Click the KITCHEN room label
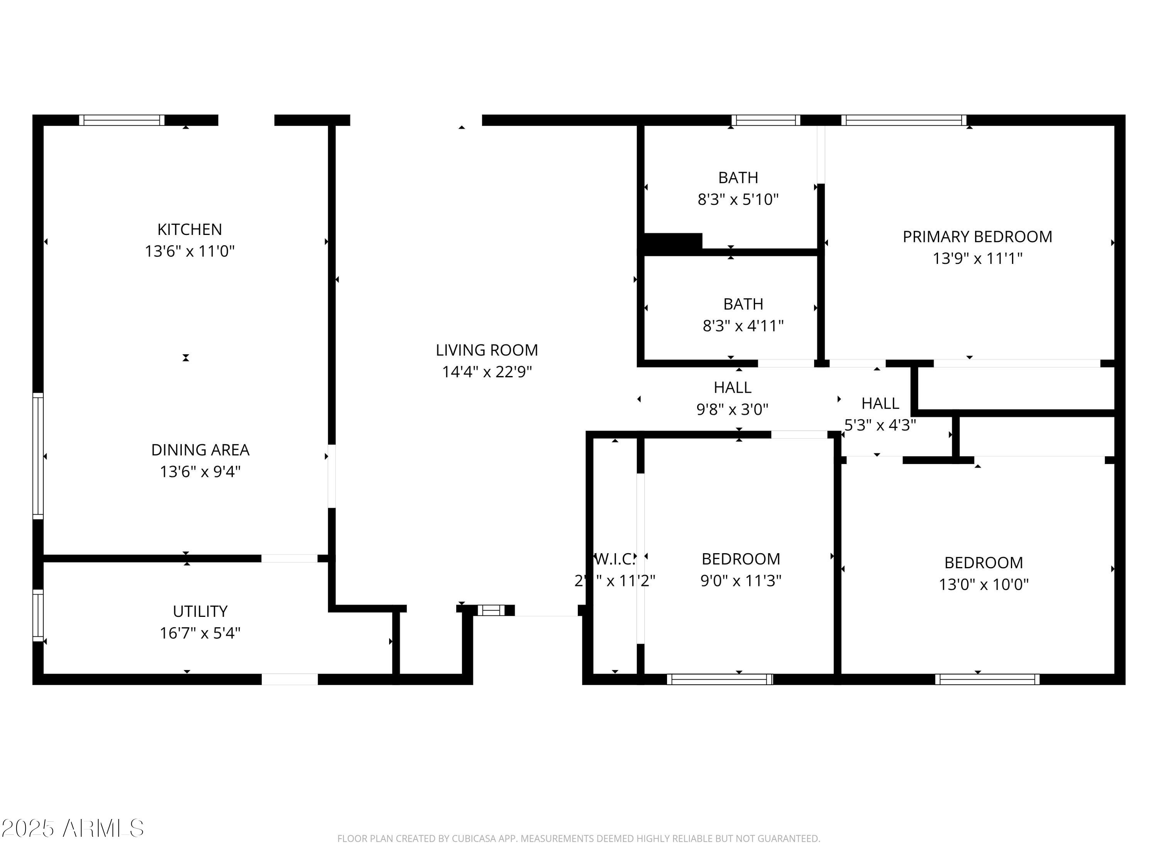coord(190,229)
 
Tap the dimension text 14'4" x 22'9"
coord(487,372)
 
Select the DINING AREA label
coord(200,450)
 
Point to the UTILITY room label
coord(200,611)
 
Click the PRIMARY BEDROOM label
coord(977,236)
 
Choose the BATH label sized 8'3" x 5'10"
coord(738,178)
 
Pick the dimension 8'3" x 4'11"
coord(743,326)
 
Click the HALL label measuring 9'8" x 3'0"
coord(732,388)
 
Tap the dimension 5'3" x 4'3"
coord(880,425)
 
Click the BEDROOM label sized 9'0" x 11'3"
coord(741,559)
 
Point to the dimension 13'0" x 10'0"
coord(983,584)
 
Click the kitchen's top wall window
coord(122,120)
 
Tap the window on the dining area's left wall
coord(38,456)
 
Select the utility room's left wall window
coord(38,615)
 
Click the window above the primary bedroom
coord(904,120)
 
